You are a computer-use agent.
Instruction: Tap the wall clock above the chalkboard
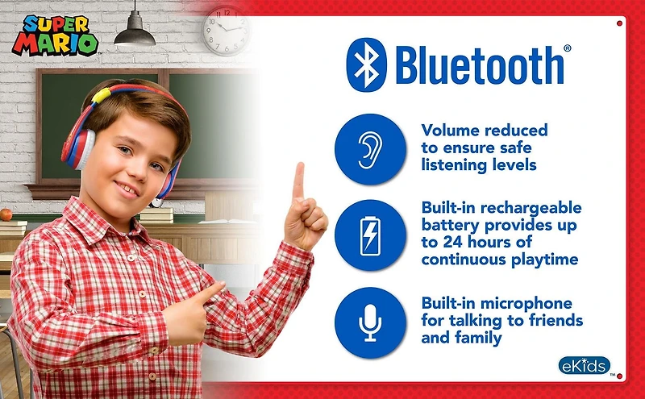226,31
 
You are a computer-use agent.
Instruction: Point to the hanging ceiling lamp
135,32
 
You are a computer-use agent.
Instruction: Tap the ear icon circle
369,150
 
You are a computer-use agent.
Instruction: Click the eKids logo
583,365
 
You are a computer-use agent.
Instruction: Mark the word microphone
531,304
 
